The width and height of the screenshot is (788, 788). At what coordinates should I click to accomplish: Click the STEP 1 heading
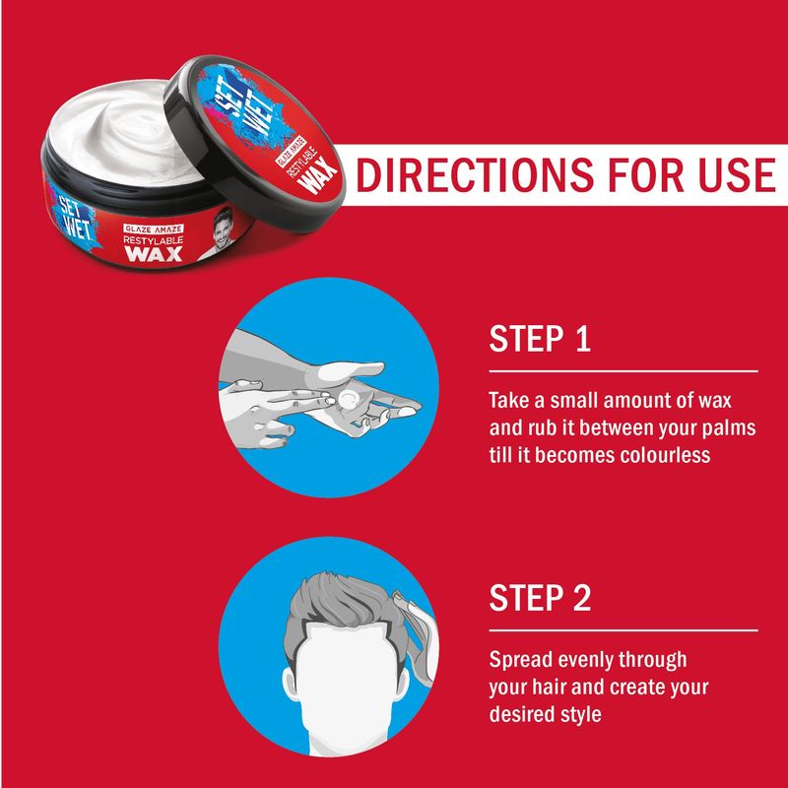coord(540,339)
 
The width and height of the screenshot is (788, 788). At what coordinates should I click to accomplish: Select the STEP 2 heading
coord(540,598)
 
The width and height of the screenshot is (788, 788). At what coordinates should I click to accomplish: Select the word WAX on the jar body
coord(154,253)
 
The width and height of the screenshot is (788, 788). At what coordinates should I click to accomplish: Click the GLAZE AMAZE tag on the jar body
coord(154,229)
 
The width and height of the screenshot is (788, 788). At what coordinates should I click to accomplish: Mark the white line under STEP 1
coord(624,372)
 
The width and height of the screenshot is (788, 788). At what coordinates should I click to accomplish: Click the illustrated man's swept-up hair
coord(347,601)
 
